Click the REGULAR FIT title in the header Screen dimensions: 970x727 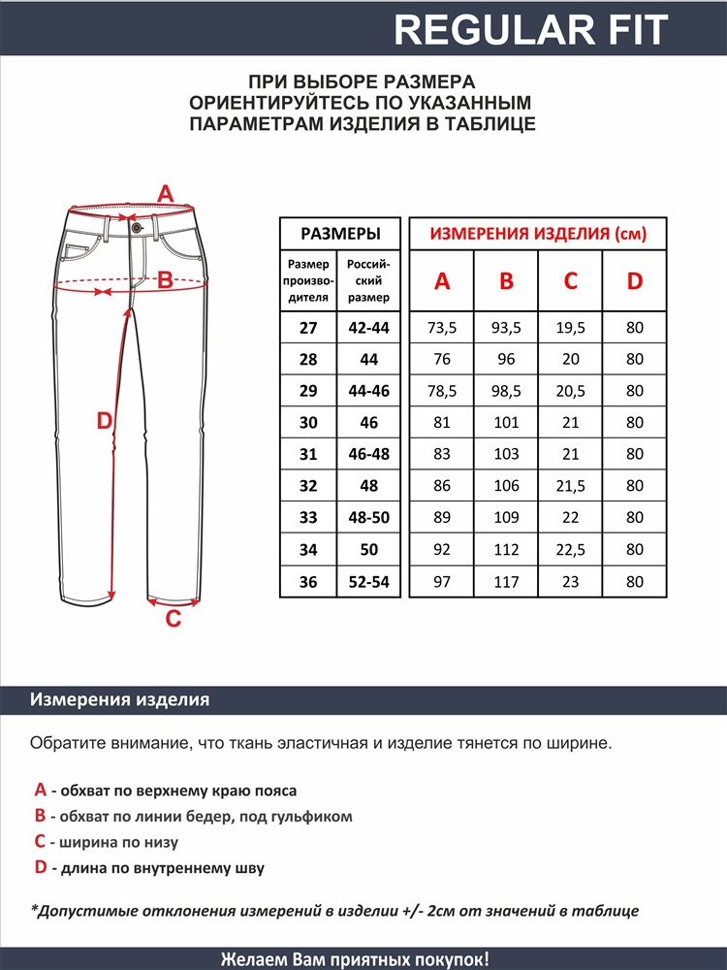531,29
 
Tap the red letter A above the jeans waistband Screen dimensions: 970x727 165,193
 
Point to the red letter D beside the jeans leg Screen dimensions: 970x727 105,420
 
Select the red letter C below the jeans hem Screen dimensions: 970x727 174,619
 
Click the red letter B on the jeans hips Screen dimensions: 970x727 165,280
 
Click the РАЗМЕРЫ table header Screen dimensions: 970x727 339,234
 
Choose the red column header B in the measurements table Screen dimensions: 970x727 506,281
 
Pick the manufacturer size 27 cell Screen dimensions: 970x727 308,328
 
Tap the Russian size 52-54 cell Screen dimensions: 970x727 368,582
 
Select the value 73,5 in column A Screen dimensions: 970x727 442,328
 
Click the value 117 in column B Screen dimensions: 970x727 506,582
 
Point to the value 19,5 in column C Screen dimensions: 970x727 571,328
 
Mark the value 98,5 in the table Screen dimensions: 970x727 506,391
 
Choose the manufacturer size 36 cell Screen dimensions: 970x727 308,582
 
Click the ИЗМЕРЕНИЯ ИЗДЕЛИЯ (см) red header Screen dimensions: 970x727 538,234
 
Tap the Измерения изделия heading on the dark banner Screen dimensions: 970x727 120,699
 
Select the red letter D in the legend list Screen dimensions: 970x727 41,867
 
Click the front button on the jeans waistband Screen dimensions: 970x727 137,227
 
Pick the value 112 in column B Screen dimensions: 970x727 506,550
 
